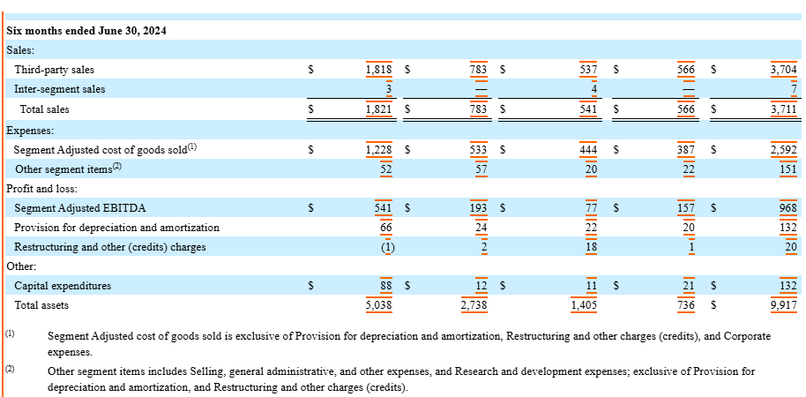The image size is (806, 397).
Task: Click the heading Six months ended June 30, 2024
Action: pos(86,31)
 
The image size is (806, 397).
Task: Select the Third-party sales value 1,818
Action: pos(378,69)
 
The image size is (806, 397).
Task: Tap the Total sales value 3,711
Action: pos(783,109)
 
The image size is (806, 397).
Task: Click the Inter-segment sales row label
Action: pos(59,89)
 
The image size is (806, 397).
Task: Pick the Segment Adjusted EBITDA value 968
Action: pos(788,208)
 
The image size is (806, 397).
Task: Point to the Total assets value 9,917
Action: pos(783,305)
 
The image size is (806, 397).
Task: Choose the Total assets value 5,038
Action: pos(378,305)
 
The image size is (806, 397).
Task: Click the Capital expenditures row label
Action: pos(62,286)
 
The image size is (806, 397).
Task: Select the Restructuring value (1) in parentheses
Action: pos(386,247)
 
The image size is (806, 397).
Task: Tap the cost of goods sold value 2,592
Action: pos(783,150)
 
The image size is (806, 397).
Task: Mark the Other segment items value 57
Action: pos(481,169)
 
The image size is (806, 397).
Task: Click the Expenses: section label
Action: pos(30,130)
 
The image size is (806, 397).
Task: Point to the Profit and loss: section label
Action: pos(42,189)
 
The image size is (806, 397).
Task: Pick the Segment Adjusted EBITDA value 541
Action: pos(384,208)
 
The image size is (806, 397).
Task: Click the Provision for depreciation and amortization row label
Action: pos(116,228)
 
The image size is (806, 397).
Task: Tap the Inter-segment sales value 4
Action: pos(594,89)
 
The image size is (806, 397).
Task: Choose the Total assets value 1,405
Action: pos(585,305)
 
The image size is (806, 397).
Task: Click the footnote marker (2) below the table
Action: pos(10,369)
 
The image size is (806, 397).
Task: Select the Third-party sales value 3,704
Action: pos(783,69)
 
